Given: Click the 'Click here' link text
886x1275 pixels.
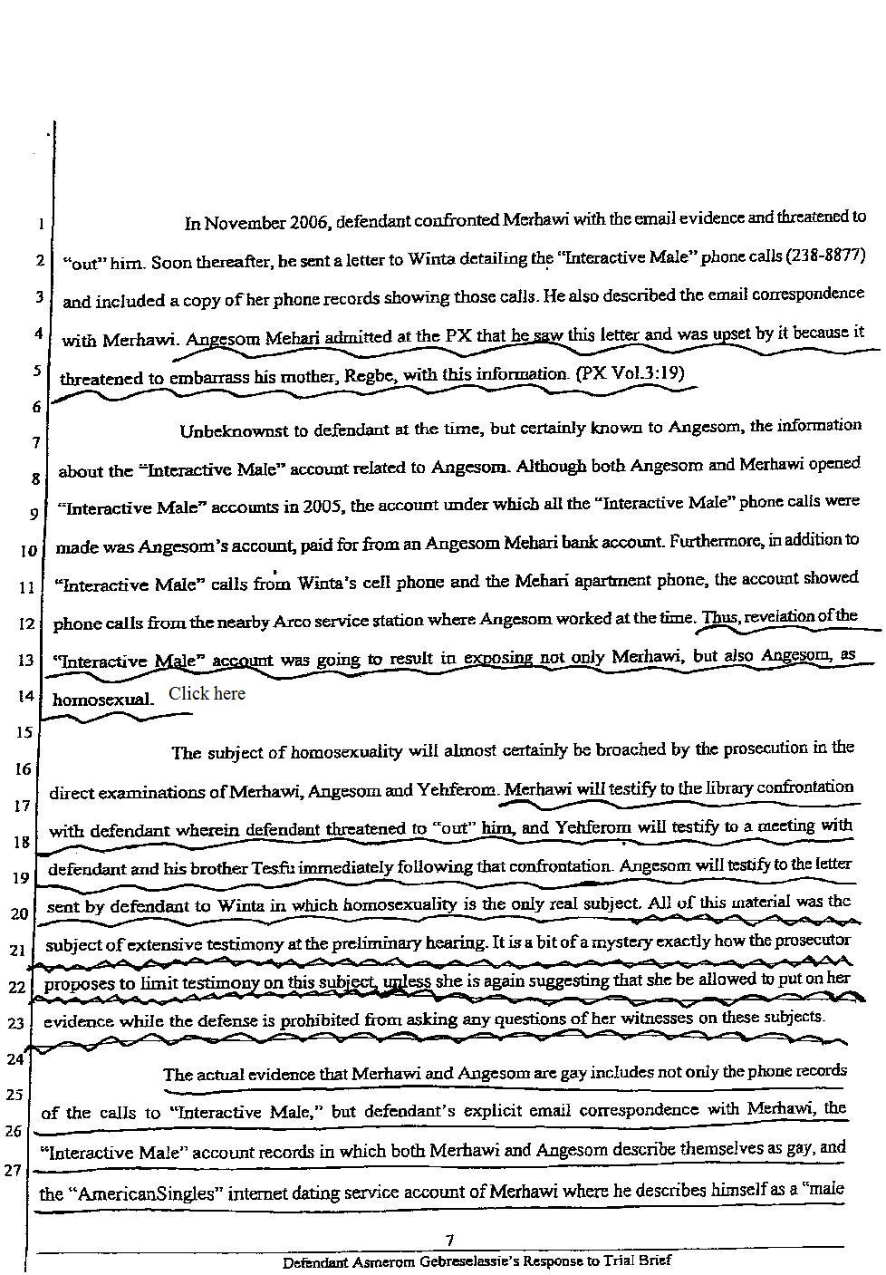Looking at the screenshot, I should (x=207, y=693).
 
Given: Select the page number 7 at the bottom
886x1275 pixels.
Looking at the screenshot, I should (x=449, y=1241).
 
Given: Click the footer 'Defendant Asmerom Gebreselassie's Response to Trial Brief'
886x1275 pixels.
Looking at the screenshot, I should (x=477, y=1261).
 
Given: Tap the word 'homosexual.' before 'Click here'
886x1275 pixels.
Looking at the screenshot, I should (x=103, y=700).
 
